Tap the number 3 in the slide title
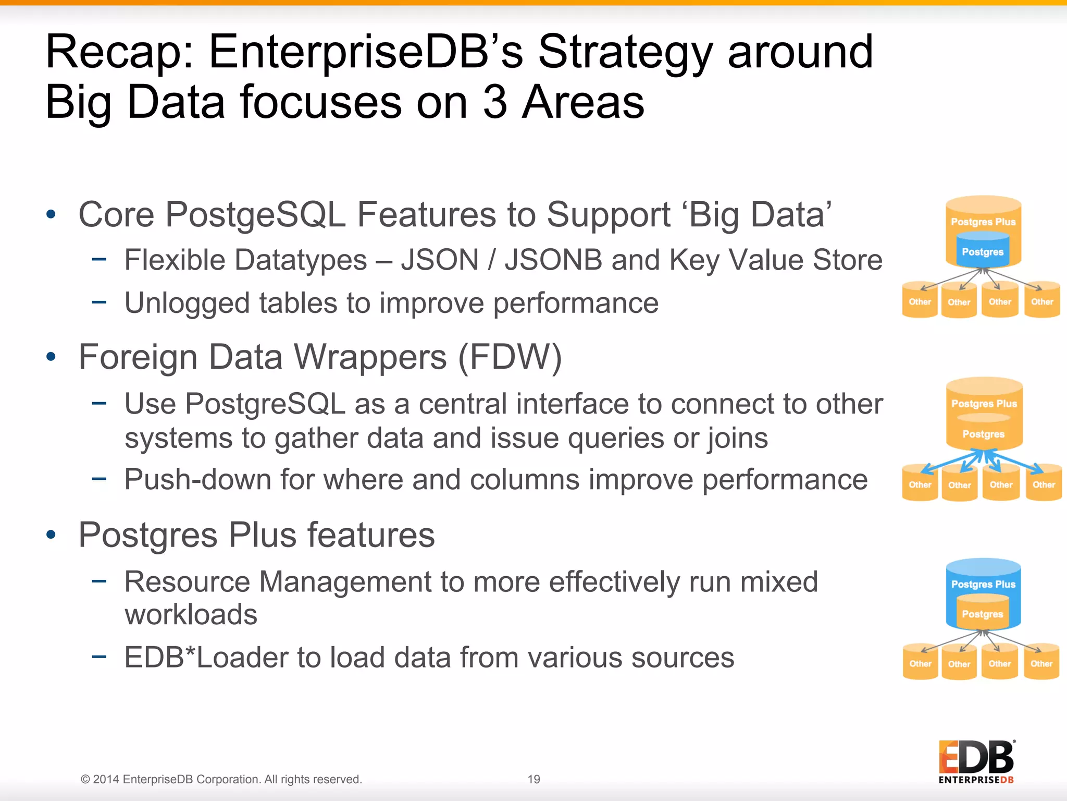(x=494, y=102)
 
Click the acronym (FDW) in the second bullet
(x=510, y=358)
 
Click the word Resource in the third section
(x=187, y=582)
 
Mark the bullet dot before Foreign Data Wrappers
(x=51, y=357)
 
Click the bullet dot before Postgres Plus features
(x=51, y=535)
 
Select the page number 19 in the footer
(x=533, y=780)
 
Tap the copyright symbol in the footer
(x=85, y=780)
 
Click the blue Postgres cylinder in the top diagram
(x=983, y=251)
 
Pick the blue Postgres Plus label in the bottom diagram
(x=983, y=584)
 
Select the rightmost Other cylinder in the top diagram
(x=1042, y=301)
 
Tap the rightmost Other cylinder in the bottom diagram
(x=1041, y=664)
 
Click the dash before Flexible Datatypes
(x=99, y=259)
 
